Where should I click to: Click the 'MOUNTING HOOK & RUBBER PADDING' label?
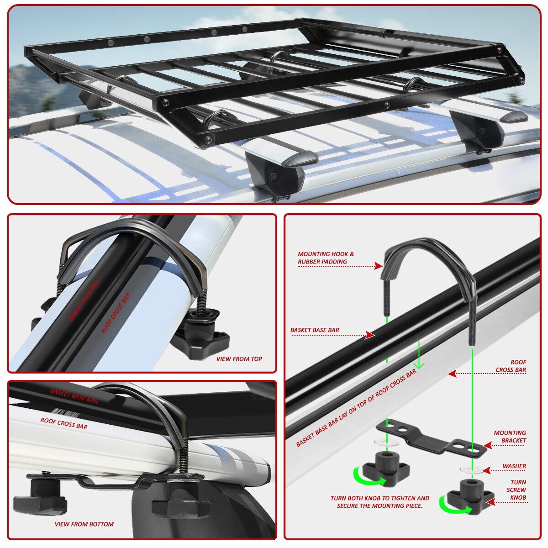(x=326, y=258)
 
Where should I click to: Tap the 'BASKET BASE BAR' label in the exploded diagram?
(x=315, y=330)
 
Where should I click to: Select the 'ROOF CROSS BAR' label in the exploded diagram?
(x=511, y=366)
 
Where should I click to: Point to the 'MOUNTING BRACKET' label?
(x=510, y=437)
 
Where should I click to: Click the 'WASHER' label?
(x=514, y=466)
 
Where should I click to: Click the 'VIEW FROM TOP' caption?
(x=239, y=359)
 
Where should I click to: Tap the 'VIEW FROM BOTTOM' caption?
(x=84, y=524)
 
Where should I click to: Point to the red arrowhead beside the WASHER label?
(x=487, y=470)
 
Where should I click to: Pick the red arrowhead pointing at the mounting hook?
(x=378, y=265)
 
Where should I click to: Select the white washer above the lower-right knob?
(x=471, y=470)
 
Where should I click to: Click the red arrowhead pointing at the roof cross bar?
(x=452, y=374)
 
